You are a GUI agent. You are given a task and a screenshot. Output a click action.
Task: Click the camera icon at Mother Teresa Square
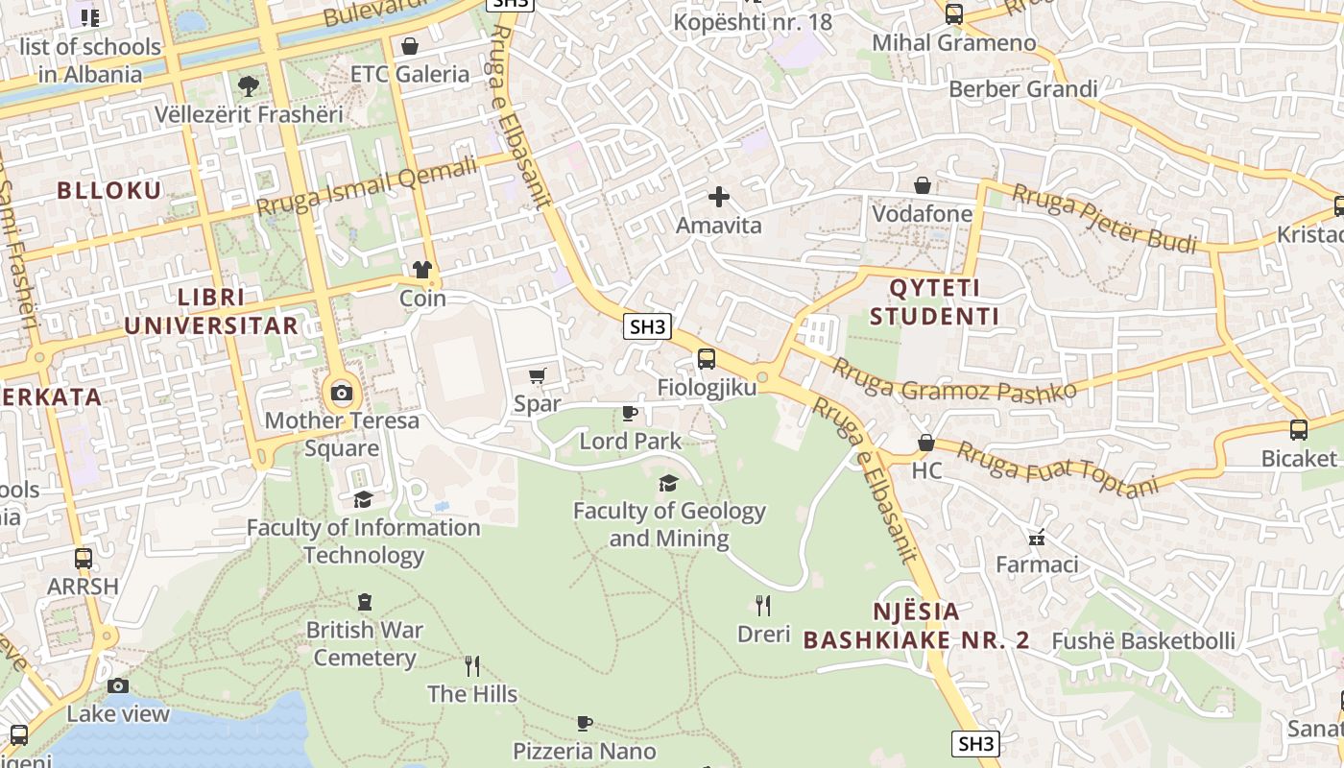342,392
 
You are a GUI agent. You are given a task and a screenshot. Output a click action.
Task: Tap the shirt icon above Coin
422,270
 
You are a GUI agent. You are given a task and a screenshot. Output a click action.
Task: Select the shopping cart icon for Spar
537,375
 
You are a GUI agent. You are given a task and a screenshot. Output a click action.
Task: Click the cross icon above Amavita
718,198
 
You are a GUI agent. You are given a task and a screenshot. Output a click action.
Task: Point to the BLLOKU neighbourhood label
109,190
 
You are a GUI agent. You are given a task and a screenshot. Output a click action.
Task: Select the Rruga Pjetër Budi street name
1104,219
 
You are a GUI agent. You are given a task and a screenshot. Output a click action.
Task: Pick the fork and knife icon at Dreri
763,606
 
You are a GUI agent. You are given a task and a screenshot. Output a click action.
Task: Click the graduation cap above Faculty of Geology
668,483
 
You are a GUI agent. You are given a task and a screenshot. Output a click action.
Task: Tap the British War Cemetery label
364,644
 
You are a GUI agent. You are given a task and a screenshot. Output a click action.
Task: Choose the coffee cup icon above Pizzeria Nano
584,723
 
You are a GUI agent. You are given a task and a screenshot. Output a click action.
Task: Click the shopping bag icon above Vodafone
923,185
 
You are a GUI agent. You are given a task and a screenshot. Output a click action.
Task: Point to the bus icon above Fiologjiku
707,359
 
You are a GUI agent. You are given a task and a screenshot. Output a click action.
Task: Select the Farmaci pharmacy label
1037,564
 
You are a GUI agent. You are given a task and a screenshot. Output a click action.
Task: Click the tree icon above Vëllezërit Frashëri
249,86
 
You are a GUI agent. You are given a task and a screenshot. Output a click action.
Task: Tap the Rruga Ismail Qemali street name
367,187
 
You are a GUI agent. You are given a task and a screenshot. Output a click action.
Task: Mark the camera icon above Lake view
118,685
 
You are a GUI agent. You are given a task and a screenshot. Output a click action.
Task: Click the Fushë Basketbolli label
1143,640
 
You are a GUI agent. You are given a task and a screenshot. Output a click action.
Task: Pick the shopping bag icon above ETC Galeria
410,46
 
